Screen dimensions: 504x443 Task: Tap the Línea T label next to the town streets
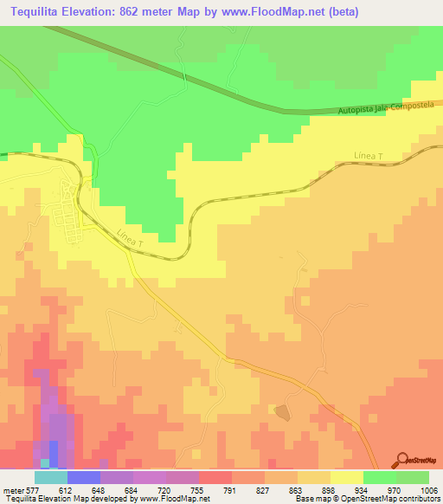pyautogui.click(x=128, y=239)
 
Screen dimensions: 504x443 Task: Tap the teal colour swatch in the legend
pyautogui.click(x=51, y=477)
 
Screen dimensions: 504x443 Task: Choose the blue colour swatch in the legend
pyautogui.click(x=84, y=477)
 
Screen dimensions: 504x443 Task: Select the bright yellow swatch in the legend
pyautogui.click(x=347, y=477)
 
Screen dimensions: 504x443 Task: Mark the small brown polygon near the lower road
pyautogui.click(x=282, y=411)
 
